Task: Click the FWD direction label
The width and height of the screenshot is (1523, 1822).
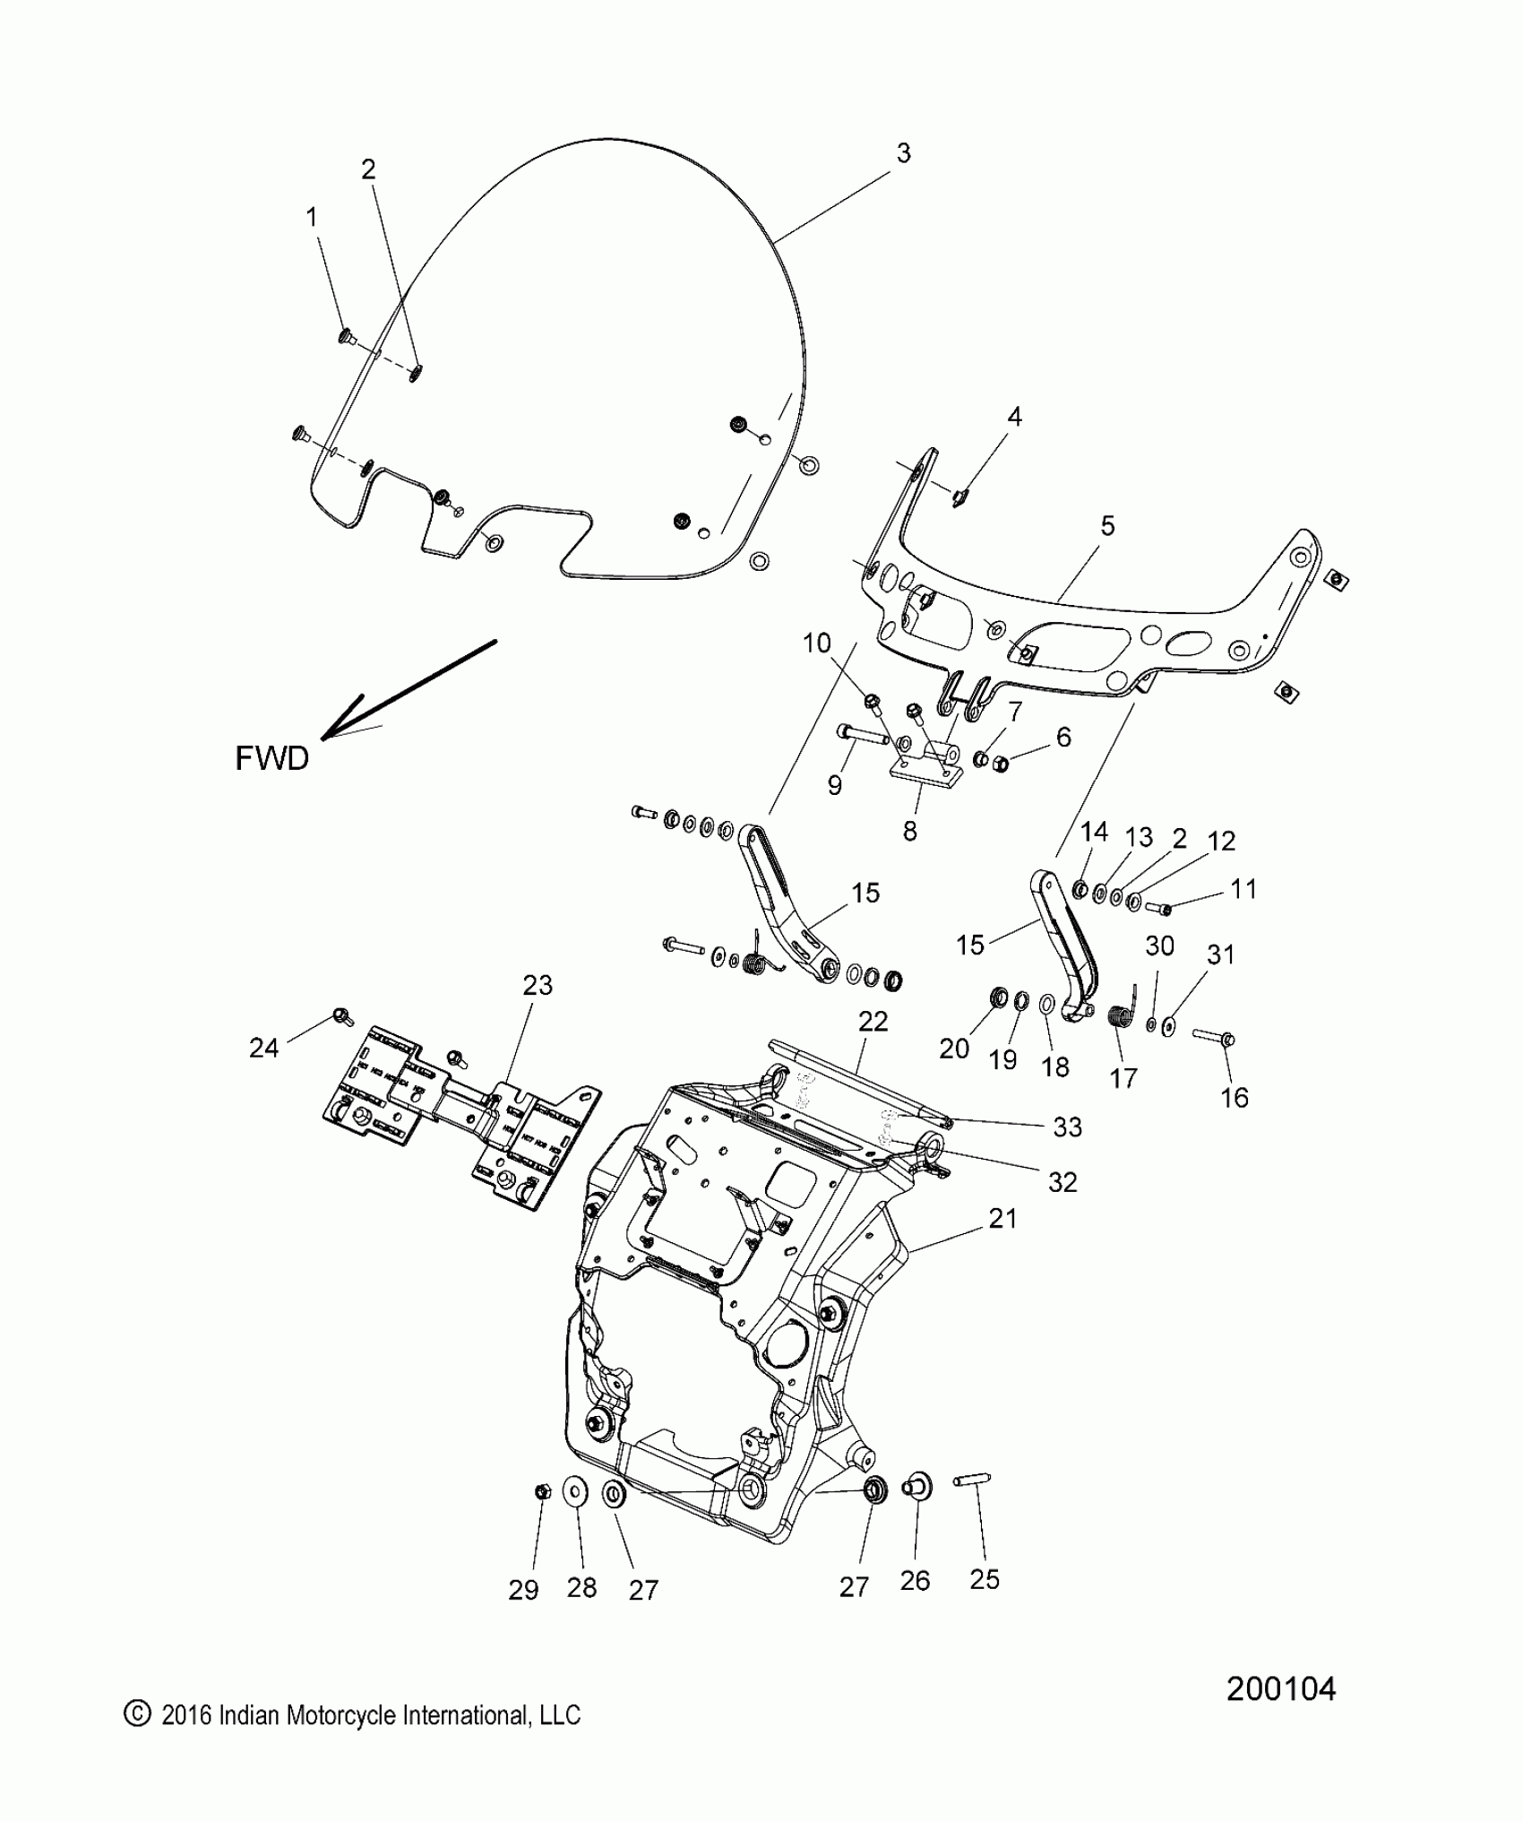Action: (271, 758)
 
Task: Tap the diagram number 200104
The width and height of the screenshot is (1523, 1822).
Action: (1280, 1688)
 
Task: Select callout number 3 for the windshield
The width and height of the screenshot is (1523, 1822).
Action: (903, 153)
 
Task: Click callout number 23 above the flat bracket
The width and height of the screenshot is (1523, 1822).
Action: (538, 985)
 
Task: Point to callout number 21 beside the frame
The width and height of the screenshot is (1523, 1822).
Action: (1002, 1218)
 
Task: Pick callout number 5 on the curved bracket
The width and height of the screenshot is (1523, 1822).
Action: (1107, 526)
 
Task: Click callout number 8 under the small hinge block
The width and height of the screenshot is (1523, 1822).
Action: (909, 831)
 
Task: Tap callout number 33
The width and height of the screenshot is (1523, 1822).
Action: (1067, 1127)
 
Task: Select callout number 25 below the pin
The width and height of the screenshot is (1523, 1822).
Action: (984, 1579)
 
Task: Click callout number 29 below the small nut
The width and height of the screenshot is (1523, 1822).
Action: (523, 1590)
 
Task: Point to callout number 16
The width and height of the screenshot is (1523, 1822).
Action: (1234, 1097)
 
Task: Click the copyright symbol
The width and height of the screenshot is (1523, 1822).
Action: (135, 1714)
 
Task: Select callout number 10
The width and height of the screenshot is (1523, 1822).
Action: (816, 643)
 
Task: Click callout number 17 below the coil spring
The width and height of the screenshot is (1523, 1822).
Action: (1123, 1079)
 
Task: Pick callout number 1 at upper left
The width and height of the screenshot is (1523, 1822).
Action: (312, 217)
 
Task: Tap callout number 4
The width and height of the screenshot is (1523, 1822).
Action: (1014, 417)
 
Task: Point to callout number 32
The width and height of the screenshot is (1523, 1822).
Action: (1062, 1182)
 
